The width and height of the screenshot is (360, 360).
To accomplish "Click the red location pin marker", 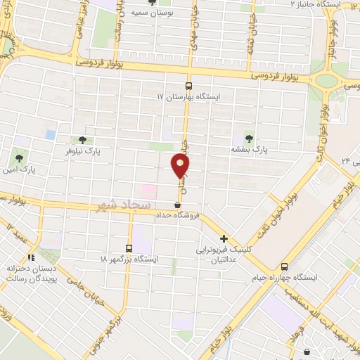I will tap(180, 167).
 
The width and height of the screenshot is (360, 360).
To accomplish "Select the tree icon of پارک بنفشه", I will tap(248, 137).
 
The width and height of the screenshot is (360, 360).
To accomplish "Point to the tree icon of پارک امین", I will tap(18, 156).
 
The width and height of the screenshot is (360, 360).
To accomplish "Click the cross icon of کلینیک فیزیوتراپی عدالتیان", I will tap(224, 238).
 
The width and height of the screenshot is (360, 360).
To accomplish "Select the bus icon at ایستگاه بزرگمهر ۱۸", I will tap(129, 247).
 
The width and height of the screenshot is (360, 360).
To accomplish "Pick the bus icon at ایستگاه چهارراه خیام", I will tap(284, 266).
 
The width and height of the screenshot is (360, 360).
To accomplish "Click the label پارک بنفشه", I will tap(250, 150).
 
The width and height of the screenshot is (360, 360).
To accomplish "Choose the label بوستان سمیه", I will tap(174, 12).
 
